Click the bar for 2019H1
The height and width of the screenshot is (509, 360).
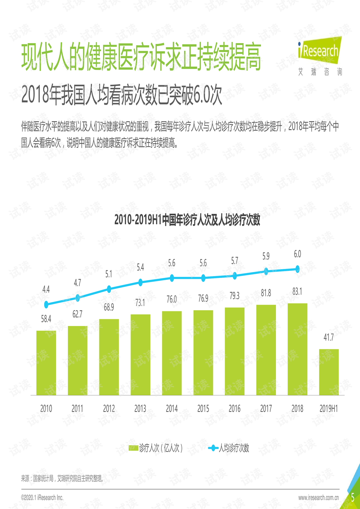329,372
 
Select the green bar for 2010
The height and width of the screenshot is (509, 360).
46,363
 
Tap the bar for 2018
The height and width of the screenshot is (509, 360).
297,349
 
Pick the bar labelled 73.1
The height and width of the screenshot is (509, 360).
140,354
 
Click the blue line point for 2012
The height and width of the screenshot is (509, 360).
109,289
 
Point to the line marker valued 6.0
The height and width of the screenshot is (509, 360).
297,269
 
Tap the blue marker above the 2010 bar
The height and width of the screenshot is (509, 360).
46,305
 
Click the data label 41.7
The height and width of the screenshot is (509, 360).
329,338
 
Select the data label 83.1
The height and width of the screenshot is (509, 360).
297,292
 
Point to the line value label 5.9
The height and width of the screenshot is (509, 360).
266,256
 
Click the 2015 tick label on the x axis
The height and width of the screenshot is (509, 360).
203,409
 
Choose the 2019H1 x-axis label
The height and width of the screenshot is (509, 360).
329,409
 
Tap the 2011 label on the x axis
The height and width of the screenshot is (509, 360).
77,409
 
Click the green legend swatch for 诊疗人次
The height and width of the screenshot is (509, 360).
133,448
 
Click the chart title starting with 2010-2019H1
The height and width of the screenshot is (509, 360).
187,220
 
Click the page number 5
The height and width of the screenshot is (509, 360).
352,498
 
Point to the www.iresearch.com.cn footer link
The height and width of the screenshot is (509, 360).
318,498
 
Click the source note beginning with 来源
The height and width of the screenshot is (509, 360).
62,478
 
